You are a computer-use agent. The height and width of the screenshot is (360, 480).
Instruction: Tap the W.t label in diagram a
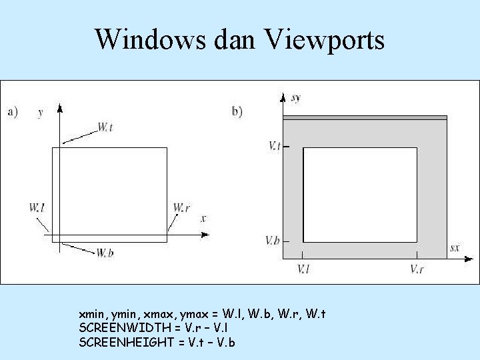(105, 126)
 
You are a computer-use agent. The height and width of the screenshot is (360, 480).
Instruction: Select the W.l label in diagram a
(37, 208)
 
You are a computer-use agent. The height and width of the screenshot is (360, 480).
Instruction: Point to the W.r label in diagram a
(181, 208)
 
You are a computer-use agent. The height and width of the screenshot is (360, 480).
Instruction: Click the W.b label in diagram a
(104, 253)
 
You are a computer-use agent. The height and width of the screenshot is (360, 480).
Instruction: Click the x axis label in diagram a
(203, 218)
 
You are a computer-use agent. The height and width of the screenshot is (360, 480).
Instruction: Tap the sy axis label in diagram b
(296, 98)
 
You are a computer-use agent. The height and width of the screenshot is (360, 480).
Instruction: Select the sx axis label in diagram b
(454, 247)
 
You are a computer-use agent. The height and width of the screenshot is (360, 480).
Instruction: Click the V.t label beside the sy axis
(274, 145)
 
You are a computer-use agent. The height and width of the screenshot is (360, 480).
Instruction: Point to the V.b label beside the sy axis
(272, 240)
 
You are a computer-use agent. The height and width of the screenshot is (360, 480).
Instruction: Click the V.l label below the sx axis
(303, 269)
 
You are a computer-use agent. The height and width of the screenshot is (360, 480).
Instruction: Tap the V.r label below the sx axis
(417, 269)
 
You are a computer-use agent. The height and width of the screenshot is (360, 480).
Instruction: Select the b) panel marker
(237, 111)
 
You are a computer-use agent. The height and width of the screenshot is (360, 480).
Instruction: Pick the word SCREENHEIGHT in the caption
(117, 342)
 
